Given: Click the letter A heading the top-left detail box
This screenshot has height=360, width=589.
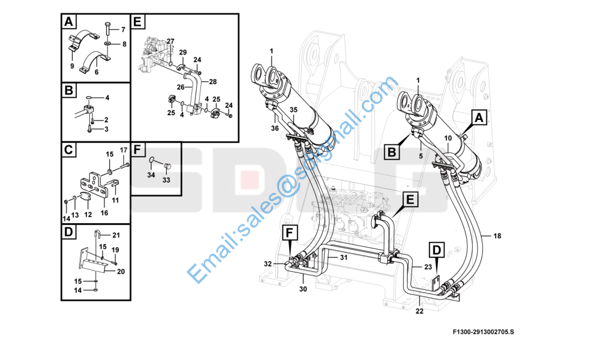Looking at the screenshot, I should click(69, 23).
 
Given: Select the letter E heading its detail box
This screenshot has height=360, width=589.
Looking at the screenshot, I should click(138, 23).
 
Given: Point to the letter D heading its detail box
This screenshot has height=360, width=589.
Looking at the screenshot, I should click(69, 232).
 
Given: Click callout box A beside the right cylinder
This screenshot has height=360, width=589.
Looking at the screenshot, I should click(479, 118).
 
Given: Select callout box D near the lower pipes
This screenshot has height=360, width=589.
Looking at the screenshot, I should click(436, 249).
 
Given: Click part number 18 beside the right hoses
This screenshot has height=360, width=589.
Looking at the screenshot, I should click(497, 235).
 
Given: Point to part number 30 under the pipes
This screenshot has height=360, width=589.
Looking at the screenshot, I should click(303, 289).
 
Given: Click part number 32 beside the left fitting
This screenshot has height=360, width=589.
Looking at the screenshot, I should click(268, 263).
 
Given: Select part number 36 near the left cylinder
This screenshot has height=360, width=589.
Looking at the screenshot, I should click(274, 128).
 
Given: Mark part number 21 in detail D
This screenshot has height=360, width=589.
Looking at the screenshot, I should click(116, 235).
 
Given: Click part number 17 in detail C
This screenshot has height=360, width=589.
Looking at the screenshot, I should click(124, 150).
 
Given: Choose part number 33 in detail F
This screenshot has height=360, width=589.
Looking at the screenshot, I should click(166, 180).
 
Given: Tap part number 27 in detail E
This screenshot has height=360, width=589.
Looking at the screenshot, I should click(171, 41).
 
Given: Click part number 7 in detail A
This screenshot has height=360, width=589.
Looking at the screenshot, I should click(123, 29).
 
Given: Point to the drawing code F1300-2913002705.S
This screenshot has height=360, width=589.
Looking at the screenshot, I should click(483, 331).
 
